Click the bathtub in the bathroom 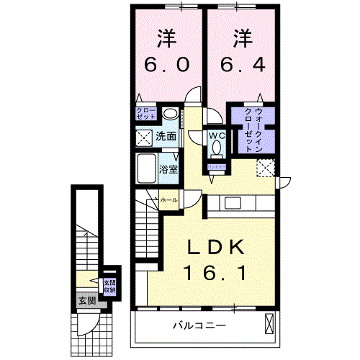[x=148, y=170]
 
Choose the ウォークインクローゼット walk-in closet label [x=253, y=127]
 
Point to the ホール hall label [x=168, y=199]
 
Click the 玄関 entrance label [x=86, y=300]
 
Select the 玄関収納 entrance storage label [x=109, y=286]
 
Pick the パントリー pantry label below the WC [x=217, y=166]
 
